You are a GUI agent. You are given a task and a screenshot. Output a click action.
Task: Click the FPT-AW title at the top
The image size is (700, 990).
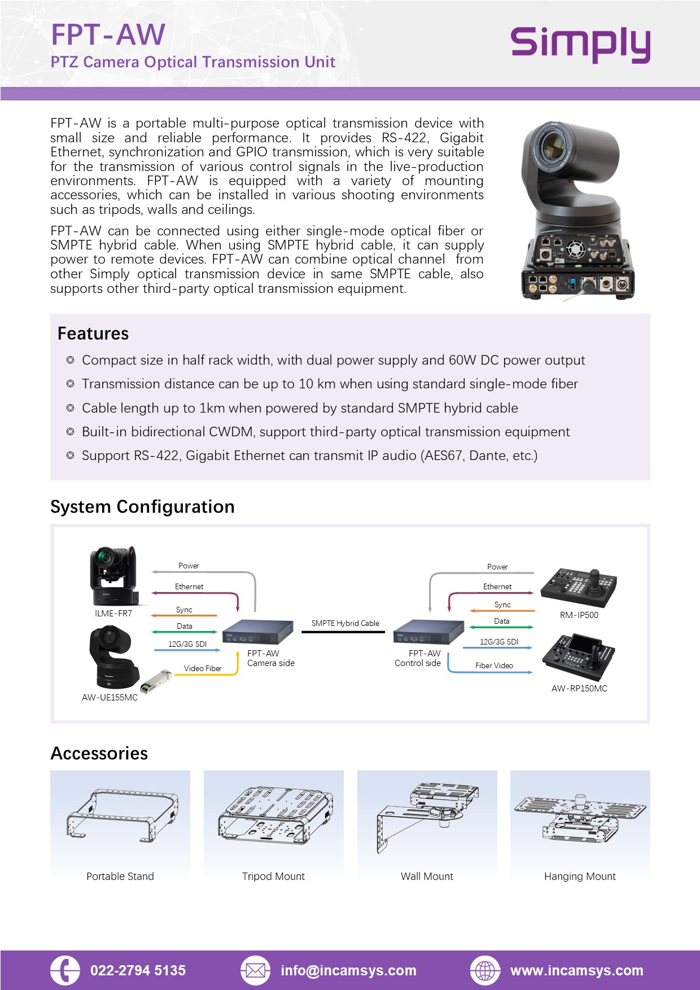(x=108, y=35)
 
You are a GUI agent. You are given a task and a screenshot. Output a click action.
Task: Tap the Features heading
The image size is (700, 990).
(x=93, y=334)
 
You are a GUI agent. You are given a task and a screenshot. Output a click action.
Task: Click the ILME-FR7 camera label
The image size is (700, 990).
(x=113, y=614)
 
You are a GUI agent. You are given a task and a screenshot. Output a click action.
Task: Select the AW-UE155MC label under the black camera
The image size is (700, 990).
(x=110, y=698)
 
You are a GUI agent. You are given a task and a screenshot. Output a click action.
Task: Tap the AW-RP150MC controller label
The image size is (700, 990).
(x=579, y=689)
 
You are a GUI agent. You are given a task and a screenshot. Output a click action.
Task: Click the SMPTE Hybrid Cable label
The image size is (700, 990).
(x=345, y=623)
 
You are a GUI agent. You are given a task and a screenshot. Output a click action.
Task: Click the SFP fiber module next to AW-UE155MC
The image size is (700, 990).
(x=156, y=681)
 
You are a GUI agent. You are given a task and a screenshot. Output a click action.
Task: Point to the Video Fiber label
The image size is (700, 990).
(x=203, y=668)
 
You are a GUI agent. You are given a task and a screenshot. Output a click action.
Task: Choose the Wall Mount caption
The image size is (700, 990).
(x=427, y=877)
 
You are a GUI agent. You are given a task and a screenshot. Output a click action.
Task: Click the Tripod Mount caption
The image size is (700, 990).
(x=273, y=877)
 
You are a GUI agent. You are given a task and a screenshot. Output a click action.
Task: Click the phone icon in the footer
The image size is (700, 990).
(x=65, y=971)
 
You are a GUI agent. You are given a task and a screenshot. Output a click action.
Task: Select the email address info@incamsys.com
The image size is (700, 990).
(x=348, y=971)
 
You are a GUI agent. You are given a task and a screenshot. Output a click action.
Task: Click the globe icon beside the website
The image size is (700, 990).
(x=485, y=971)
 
